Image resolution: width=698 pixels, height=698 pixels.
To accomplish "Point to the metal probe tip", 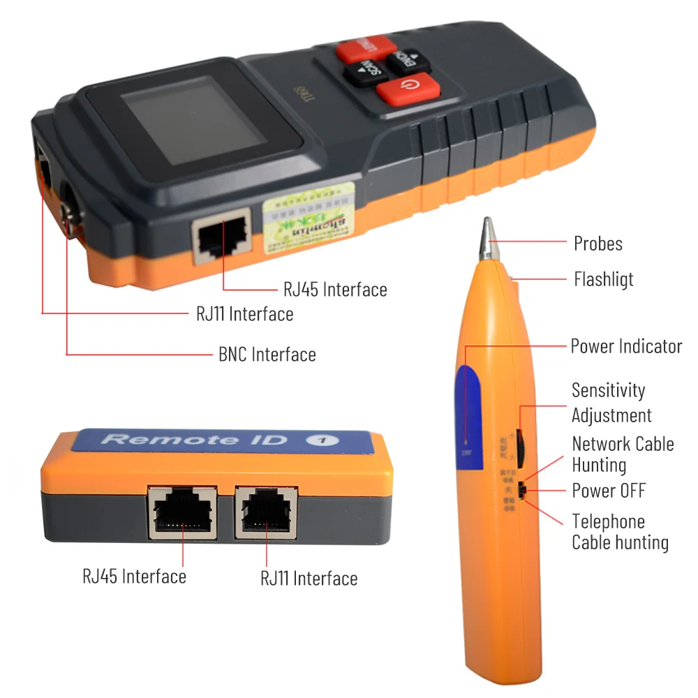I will pos(487,235).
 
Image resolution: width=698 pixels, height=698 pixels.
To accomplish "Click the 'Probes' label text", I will pos(597,244).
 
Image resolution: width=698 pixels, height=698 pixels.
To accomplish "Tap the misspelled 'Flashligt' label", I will pos(603,279).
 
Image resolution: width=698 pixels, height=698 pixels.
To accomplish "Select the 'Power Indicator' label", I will pos(626,346).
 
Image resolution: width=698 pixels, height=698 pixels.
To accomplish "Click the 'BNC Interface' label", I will pos(267,355).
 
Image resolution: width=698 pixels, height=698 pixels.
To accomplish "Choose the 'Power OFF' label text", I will pos(609,490).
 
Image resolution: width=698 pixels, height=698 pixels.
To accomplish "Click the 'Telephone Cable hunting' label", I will pos(620,532).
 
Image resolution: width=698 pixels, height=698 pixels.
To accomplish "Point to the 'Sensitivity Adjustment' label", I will pos(611,403).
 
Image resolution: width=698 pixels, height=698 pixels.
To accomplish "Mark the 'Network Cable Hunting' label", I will pos(623,454).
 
